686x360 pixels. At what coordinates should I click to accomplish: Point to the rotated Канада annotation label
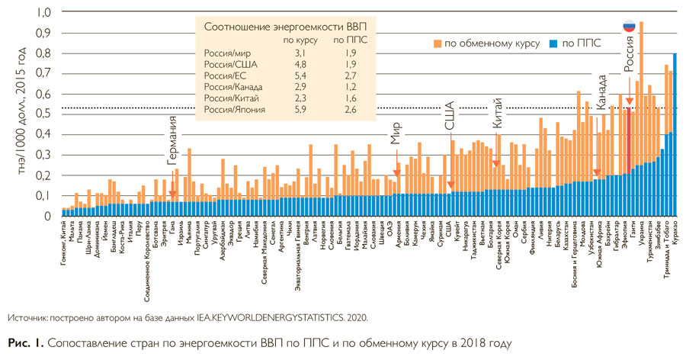[601, 91]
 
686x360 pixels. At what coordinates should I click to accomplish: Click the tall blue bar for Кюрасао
[675, 134]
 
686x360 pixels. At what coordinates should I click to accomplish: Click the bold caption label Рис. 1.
[24, 342]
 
